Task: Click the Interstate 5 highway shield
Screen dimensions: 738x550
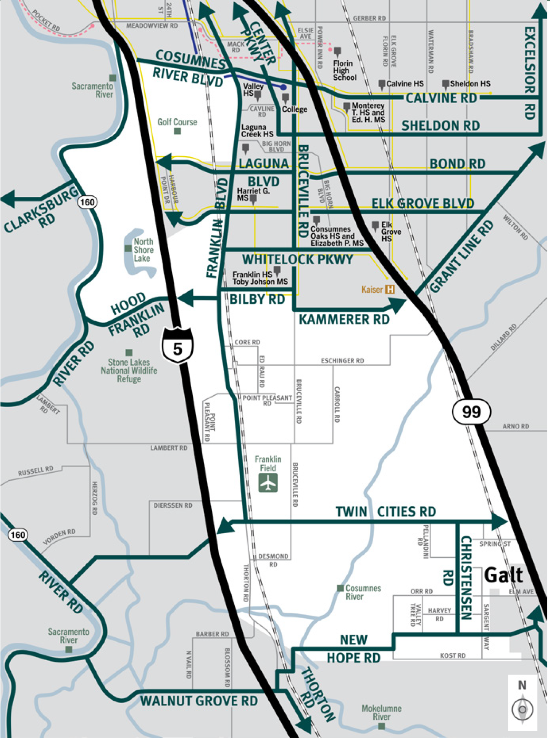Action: pos(177,345)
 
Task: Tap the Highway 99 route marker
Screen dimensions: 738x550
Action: pos(471,412)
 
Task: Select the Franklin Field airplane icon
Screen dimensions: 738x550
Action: pos(268,483)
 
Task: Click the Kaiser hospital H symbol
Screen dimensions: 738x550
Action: pos(390,290)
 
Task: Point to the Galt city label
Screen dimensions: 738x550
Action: pos(503,575)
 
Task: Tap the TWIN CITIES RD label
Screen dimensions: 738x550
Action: pos(385,512)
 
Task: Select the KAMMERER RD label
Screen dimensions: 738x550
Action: pos(344,319)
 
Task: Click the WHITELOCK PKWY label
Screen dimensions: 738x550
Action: pos(298,260)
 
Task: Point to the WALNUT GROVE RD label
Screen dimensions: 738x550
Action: pos(199,701)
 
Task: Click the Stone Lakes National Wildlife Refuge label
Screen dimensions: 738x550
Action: pos(129,370)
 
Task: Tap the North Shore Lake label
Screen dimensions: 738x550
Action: pos(144,250)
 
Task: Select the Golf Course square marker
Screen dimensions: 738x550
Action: pos(177,131)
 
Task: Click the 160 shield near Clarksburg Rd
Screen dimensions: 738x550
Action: pos(87,202)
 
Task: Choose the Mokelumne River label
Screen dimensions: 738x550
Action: pos(381,712)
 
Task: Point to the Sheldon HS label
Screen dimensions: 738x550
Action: pos(470,83)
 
